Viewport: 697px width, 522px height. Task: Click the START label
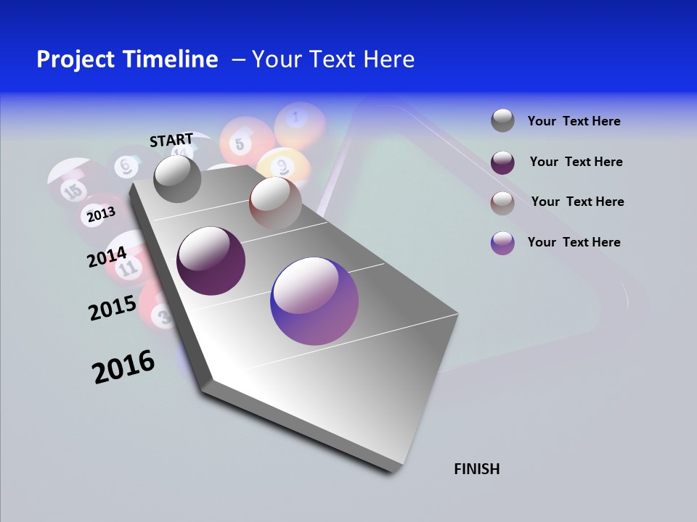(x=171, y=140)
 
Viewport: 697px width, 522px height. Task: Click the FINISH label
(x=476, y=469)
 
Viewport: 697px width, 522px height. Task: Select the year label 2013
(x=101, y=214)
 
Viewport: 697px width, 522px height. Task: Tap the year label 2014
(x=107, y=257)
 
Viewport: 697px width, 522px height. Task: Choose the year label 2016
(x=123, y=367)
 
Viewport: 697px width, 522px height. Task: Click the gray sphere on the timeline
(x=177, y=179)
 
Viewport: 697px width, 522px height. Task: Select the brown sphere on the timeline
(x=275, y=203)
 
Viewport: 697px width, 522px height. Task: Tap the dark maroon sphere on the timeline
(x=211, y=261)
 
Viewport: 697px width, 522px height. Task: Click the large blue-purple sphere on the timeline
(x=314, y=301)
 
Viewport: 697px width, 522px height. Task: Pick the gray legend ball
(x=502, y=121)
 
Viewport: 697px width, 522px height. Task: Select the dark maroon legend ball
(x=502, y=162)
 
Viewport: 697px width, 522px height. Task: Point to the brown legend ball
(x=502, y=203)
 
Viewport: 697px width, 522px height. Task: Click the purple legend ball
(x=502, y=243)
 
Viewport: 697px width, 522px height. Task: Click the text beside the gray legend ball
(x=574, y=122)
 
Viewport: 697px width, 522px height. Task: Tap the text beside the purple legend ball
(x=574, y=242)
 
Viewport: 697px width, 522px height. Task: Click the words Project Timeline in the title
(x=127, y=59)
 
